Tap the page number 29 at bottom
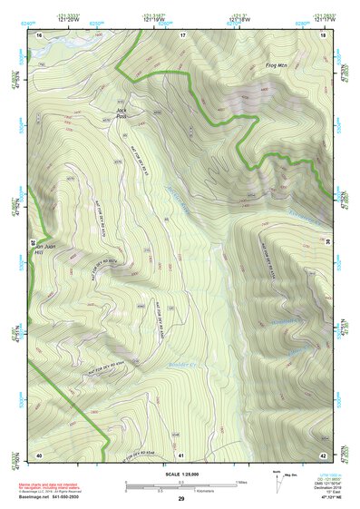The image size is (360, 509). pos(180,500)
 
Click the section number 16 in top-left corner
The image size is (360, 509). pos(40,34)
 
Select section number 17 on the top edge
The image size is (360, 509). pos(181,34)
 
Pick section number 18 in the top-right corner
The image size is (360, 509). pos(323,34)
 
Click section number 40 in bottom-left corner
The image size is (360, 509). pos(40,455)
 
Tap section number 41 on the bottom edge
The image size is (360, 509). pos(181,455)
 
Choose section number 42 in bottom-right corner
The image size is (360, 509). pos(323,455)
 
